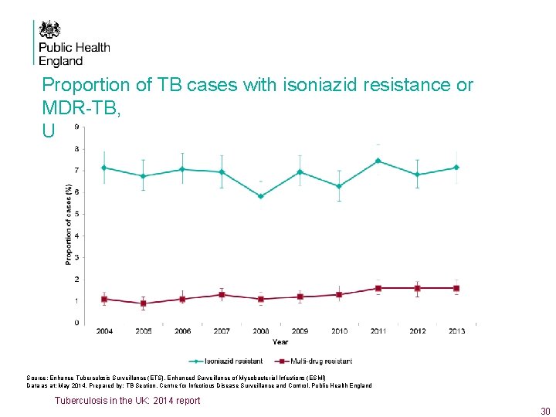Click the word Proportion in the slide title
click(81, 85)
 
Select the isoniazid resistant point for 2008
click(260, 196)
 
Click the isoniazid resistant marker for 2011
click(378, 161)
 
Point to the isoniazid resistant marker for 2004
click(104, 168)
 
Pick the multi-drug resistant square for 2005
click(143, 303)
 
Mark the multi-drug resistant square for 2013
click(456, 288)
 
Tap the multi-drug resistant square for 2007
click(222, 294)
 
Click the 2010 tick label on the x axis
click(339, 331)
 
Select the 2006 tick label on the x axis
click(182, 331)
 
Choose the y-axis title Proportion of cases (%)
click(69, 224)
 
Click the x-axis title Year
click(280, 341)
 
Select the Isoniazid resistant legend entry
click(228, 361)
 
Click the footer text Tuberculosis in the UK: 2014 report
click(127, 400)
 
